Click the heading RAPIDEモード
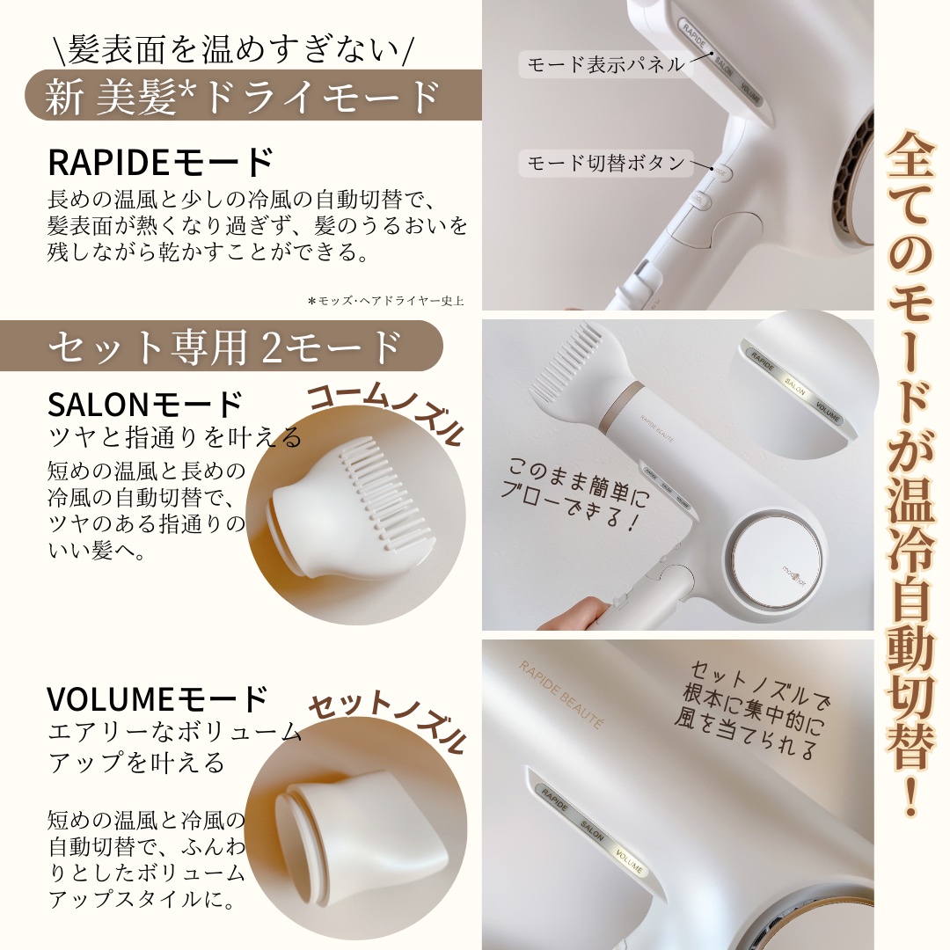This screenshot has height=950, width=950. [160, 164]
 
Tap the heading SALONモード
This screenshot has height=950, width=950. [145, 405]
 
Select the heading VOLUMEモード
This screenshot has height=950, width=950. [157, 699]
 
